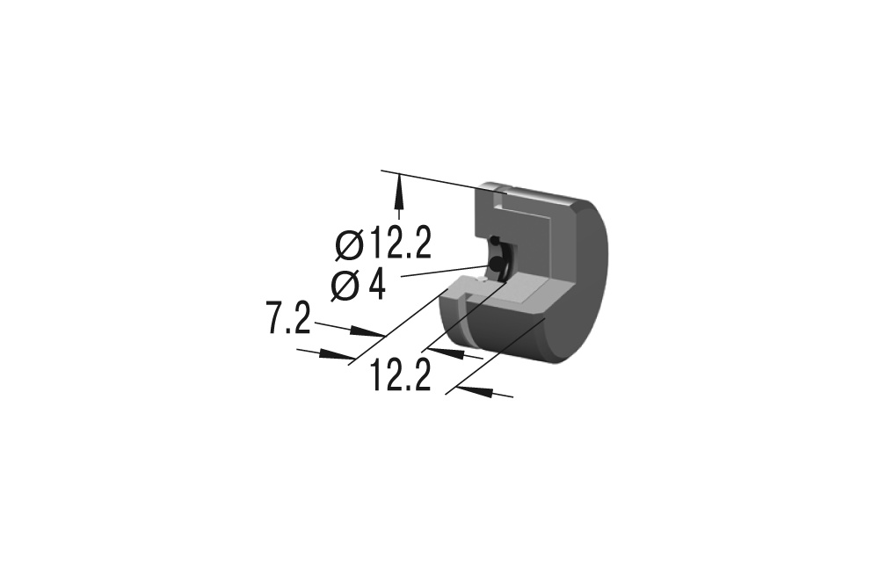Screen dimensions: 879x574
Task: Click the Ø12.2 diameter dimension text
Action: coord(383,244)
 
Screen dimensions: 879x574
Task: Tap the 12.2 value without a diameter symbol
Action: coord(400,375)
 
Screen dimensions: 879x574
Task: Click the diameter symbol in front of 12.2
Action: coord(350,245)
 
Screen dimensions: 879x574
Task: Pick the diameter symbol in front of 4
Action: coord(345,286)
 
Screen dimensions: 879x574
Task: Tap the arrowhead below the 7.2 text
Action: coord(337,354)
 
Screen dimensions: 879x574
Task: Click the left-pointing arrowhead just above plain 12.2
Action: coord(447,352)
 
